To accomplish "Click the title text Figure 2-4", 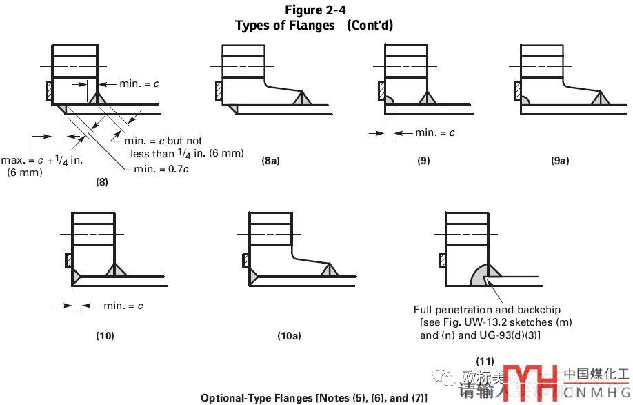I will coord(315,10).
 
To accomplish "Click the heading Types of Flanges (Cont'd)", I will coord(314,26).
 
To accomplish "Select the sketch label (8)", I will coord(101,183).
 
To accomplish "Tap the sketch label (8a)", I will coord(270,161).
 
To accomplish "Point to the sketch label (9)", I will coord(423,161).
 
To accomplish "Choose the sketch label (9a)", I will coord(560,161).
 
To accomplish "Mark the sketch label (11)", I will coord(485,361).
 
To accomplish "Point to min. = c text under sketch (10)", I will coord(123,306).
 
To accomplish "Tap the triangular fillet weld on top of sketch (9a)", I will coord(599,100).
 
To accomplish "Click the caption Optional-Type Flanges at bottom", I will coord(314,397).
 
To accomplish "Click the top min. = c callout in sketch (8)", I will coord(139,83).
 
